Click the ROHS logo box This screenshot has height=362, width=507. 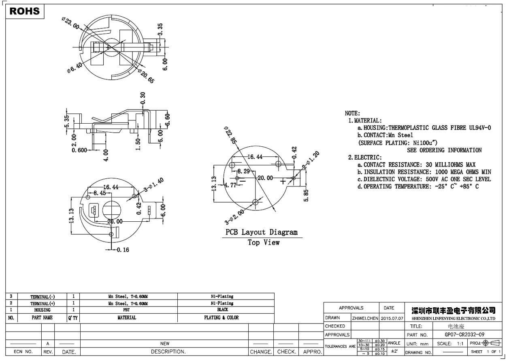[25, 11]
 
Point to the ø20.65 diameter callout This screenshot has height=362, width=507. [146, 77]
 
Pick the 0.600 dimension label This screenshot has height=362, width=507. [79, 150]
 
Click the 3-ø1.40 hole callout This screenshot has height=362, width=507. [154, 185]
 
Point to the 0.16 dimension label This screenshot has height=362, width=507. [123, 250]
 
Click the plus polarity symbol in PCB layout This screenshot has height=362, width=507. [283, 181]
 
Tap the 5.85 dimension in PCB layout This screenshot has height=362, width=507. [306, 195]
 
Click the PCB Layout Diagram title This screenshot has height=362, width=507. [262, 232]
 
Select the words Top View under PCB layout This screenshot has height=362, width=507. [264, 242]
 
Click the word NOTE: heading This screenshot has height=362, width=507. [352, 113]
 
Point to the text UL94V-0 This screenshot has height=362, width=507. [476, 128]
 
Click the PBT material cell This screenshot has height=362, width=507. [127, 310]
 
